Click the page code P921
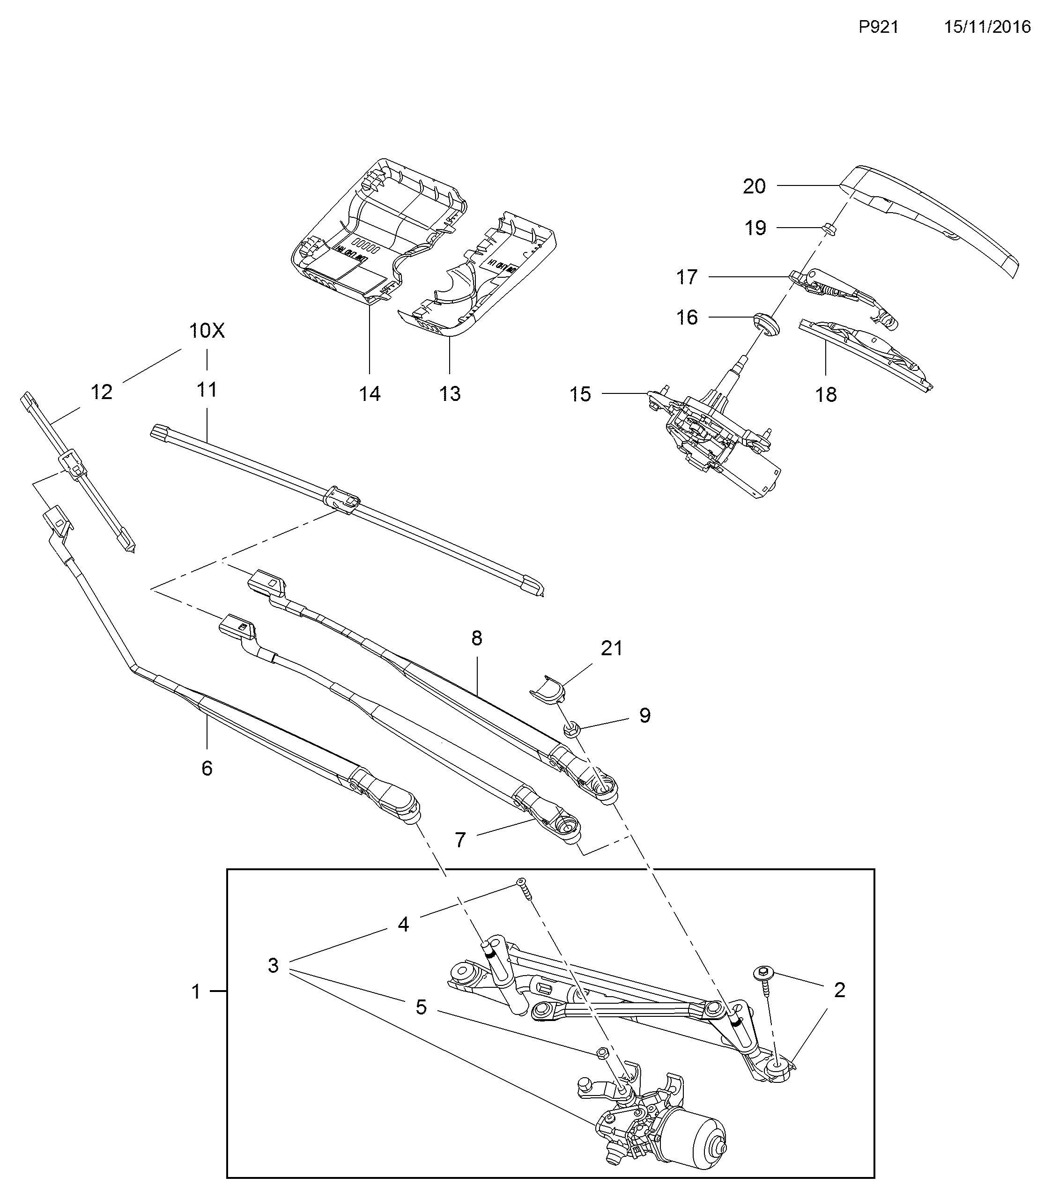[x=879, y=27]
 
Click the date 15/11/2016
[x=987, y=27]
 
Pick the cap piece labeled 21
[x=549, y=688]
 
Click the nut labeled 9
[x=572, y=730]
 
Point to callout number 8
[x=476, y=638]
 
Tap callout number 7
[x=460, y=840]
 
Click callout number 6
[x=207, y=769]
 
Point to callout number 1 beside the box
[x=196, y=992]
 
